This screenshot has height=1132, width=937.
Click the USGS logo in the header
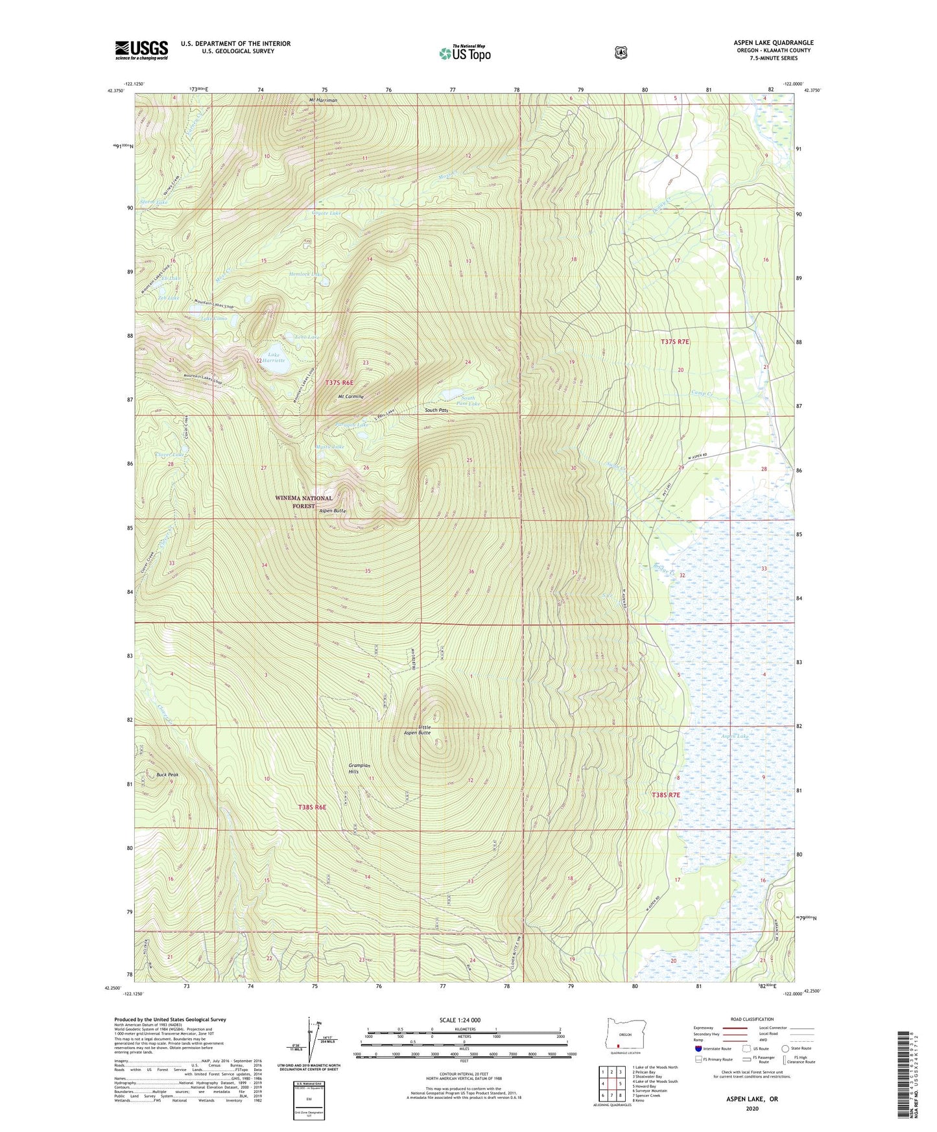(x=141, y=50)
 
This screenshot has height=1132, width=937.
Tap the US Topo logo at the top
(x=464, y=53)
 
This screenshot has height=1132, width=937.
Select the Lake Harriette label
(x=273, y=357)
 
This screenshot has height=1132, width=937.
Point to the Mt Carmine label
(x=351, y=396)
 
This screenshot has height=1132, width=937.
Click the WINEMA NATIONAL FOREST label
(x=303, y=502)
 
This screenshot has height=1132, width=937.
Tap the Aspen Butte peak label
(x=332, y=511)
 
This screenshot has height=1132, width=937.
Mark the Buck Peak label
(x=167, y=774)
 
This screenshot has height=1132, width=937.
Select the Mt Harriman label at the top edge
(x=323, y=100)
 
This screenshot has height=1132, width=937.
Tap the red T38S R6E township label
(x=312, y=807)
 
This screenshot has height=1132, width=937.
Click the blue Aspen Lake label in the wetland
(x=735, y=737)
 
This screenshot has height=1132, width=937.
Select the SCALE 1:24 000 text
(x=460, y=1020)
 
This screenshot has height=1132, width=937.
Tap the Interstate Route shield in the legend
(x=698, y=1048)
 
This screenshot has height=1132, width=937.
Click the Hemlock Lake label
(x=305, y=274)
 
